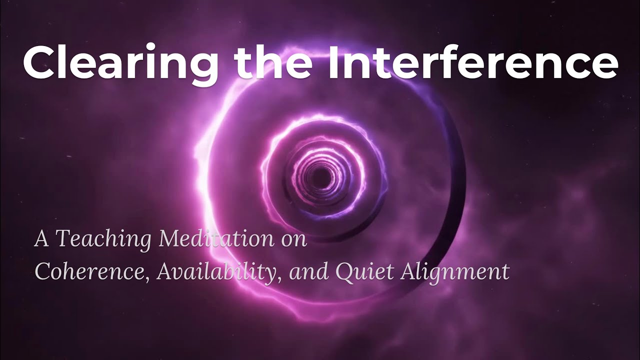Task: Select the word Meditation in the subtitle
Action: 216,239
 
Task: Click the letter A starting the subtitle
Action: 41,239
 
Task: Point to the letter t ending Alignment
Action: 505,271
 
